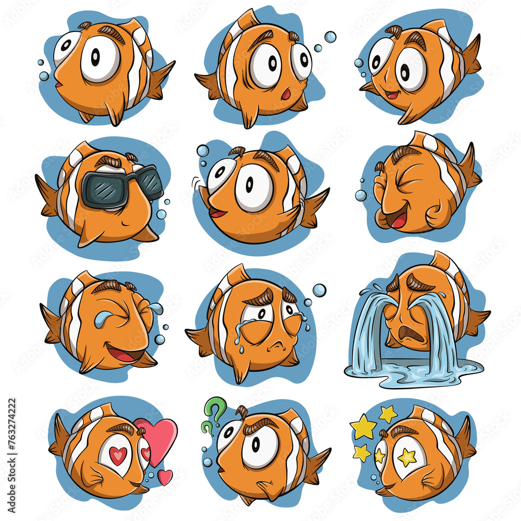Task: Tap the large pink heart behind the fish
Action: (x=158, y=436)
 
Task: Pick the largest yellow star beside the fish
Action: (x=363, y=427)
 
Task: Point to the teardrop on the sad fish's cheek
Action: (x=238, y=333)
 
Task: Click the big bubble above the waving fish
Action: (x=203, y=151)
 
